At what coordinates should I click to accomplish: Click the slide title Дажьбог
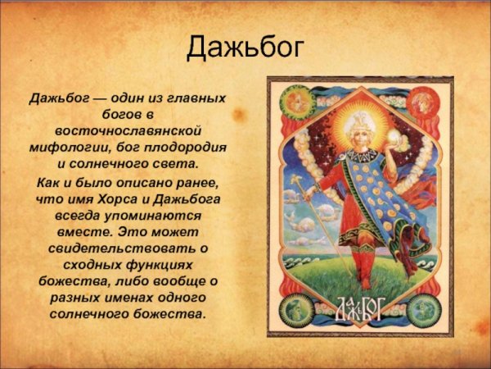[x=245, y=48]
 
